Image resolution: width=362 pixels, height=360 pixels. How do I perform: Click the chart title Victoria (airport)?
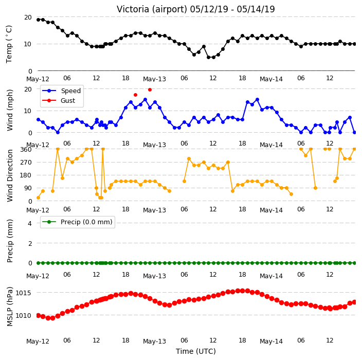tap(152, 9)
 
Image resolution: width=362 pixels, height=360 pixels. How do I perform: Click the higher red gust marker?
tap(150, 89)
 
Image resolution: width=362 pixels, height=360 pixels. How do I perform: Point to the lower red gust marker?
tap(136, 95)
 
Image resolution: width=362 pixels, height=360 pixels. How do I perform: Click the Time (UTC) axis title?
tap(196, 351)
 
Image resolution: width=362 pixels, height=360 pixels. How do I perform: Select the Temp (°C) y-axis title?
tap(9, 44)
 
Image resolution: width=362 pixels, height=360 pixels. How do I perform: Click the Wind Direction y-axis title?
tap(10, 176)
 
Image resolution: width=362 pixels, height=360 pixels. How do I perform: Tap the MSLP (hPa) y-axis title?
tap(10, 307)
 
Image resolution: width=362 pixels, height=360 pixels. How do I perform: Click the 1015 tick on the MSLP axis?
tap(23, 293)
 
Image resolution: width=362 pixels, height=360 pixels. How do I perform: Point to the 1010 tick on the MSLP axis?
tap(23, 315)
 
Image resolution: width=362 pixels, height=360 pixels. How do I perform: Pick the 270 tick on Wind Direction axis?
tap(26, 163)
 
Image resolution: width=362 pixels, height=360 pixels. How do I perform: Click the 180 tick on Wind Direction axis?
tap(26, 175)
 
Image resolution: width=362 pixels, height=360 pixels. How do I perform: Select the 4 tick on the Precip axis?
tap(30, 223)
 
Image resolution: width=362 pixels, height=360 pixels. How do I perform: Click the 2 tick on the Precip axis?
tap(30, 243)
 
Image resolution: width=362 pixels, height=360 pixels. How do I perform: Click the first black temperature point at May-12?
tap(39, 20)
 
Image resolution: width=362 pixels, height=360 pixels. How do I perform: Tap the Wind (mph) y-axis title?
tap(10, 110)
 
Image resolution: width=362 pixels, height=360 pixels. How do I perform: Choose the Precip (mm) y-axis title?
tap(10, 241)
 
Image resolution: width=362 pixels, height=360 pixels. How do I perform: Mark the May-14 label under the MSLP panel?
tap(271, 341)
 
